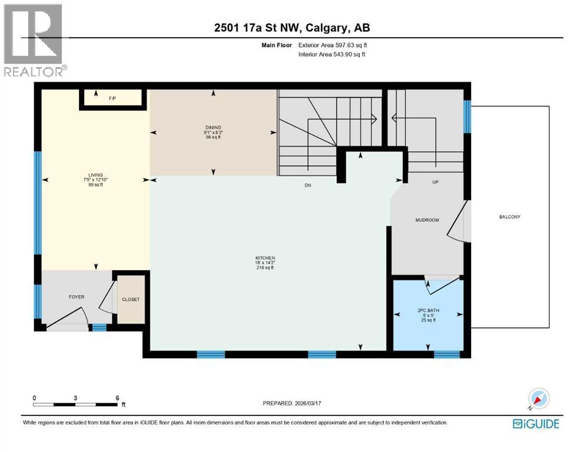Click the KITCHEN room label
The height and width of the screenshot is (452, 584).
(265, 258)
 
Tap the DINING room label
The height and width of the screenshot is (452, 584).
(213, 127)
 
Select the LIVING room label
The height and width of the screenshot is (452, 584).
(95, 175)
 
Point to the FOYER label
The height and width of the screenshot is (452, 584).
(76, 297)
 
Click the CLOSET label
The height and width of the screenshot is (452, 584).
(131, 300)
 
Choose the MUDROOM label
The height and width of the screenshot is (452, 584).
(428, 220)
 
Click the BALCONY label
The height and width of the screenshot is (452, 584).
(509, 217)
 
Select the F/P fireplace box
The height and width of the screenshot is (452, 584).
(112, 98)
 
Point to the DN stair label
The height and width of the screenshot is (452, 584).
(307, 185)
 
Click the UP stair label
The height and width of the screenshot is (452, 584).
(436, 182)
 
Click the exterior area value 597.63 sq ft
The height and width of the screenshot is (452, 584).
(351, 45)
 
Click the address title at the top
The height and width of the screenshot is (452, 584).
(292, 28)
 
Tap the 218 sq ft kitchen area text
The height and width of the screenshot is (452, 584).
(265, 268)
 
